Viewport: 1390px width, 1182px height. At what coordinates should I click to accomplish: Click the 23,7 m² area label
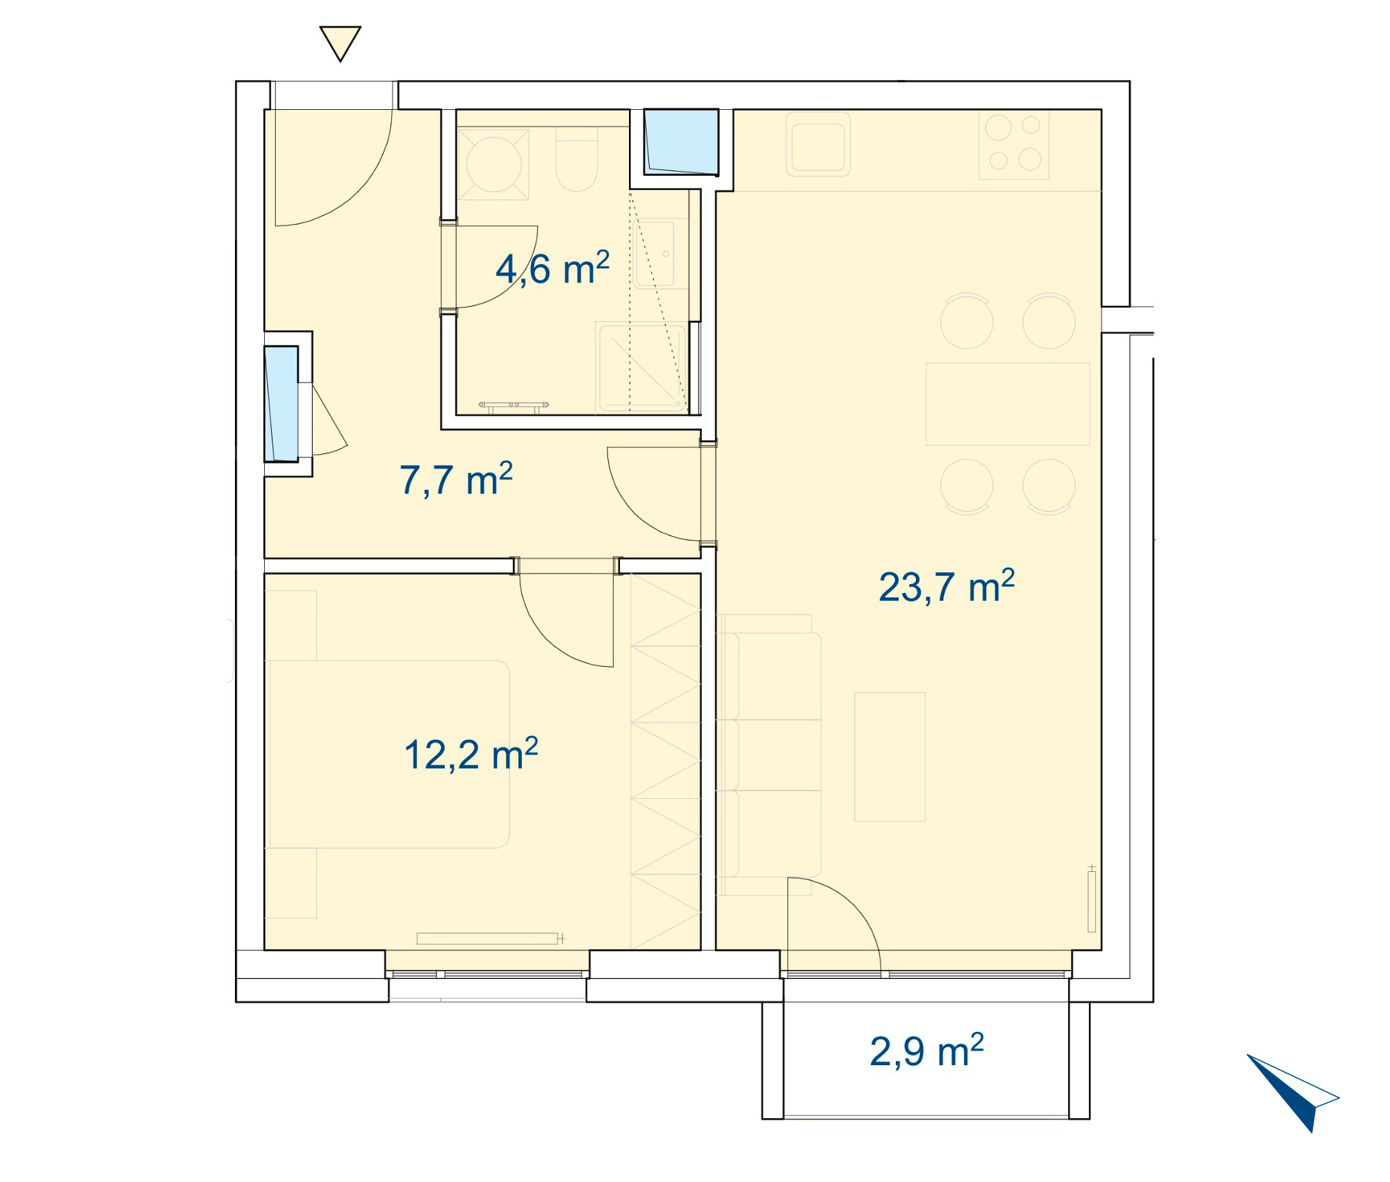947,586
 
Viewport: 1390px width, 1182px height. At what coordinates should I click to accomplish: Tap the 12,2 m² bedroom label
471,754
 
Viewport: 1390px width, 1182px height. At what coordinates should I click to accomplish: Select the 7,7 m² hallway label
456,479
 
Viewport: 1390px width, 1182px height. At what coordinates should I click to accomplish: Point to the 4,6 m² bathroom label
553,268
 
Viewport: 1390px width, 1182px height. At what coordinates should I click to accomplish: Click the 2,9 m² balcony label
926,1051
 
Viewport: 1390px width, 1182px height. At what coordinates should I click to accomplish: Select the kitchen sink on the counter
818,144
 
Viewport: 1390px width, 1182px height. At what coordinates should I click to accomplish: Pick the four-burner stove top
1014,145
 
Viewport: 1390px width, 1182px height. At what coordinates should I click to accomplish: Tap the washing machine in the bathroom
493,164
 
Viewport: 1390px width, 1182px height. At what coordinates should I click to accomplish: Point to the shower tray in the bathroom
641,367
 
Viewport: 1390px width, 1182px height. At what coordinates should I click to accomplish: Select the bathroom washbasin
655,254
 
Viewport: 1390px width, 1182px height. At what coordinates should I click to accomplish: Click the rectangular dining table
1008,403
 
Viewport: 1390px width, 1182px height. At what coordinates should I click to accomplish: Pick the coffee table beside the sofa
890,756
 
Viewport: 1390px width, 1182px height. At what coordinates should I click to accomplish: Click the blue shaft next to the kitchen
681,141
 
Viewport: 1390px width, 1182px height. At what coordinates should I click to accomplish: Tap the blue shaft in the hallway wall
281,403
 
